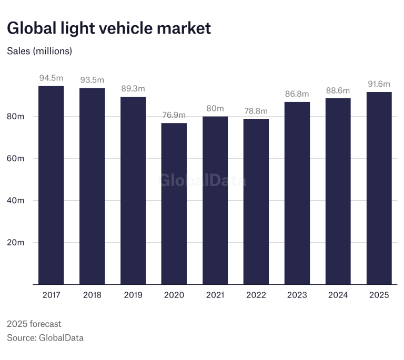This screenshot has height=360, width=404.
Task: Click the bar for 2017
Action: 51,185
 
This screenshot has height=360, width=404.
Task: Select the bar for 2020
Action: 174,204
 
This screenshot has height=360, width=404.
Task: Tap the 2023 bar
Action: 297,193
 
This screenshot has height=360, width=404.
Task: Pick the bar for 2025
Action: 379,188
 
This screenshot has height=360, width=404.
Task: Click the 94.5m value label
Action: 51,78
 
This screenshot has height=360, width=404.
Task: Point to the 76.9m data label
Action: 174,115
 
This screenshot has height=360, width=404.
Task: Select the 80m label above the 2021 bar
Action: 215,108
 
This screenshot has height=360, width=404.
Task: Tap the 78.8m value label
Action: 256,111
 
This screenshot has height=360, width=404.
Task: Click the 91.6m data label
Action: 379,84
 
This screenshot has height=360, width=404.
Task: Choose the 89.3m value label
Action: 133,89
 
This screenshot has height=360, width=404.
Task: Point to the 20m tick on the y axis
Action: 16,242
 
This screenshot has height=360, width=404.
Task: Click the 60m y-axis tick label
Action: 16,158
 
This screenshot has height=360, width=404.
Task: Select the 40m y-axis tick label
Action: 16,200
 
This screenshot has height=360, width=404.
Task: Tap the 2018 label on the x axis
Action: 92,295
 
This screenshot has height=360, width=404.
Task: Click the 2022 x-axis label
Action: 256,295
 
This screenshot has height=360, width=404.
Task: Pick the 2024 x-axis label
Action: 338,295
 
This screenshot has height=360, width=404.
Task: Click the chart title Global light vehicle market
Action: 109,28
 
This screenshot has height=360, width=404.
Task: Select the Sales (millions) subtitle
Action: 39,51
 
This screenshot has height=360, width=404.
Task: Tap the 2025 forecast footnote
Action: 34,324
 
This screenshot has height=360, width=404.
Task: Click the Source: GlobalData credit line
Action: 45,337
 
